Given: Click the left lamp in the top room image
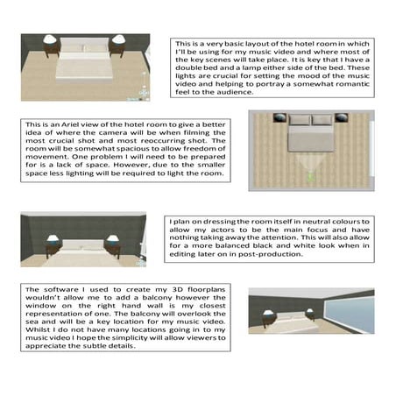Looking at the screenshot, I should [50, 41].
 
